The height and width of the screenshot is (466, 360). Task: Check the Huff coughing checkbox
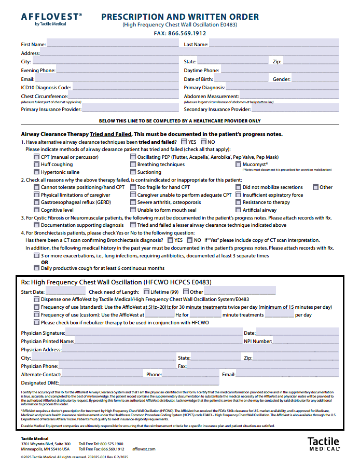pyautogui.click(x=36, y=165)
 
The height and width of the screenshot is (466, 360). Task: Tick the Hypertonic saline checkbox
pyautogui.click(x=36, y=172)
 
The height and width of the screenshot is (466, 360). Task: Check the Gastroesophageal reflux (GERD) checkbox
pyautogui.click(x=36, y=202)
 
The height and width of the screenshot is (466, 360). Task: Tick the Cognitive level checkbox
pyautogui.click(x=36, y=210)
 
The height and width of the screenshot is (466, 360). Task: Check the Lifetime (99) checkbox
pyautogui.click(x=146, y=292)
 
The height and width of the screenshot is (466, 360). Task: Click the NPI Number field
pyautogui.click(x=306, y=341)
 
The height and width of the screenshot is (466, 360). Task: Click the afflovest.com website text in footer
pyautogui.click(x=144, y=449)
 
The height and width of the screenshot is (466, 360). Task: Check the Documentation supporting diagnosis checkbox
pyautogui.click(x=36, y=225)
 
